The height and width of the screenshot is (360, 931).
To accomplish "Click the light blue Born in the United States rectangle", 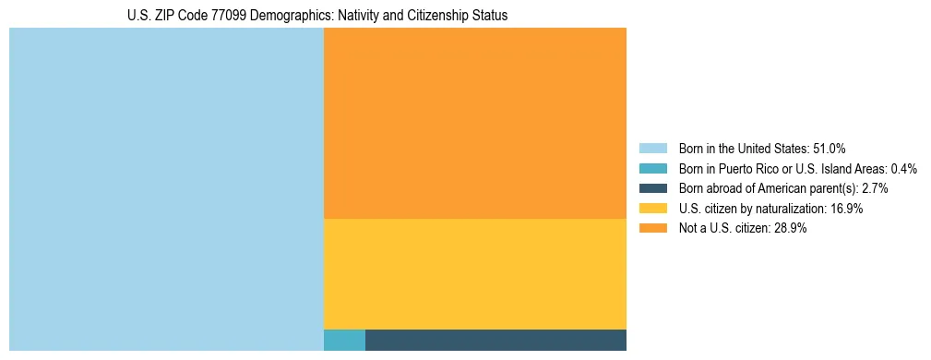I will click(166, 189).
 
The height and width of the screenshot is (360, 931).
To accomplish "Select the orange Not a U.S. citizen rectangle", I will click(475, 123).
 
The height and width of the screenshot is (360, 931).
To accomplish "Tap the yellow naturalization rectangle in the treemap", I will click(475, 273).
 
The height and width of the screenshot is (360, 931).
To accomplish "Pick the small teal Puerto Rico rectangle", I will click(344, 340).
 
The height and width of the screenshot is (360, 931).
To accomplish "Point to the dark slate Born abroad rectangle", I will click(495, 340).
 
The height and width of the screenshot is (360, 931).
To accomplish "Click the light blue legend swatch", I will click(652, 148).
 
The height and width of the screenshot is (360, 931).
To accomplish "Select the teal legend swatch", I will click(652, 168).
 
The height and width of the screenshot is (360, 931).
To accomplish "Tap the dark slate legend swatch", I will click(652, 188).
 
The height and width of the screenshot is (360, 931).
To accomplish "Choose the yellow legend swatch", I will click(652, 209).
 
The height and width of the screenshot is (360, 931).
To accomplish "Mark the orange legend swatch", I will click(652, 229).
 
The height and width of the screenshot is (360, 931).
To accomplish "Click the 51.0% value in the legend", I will click(830, 148).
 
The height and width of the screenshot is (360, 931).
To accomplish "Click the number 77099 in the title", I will click(211, 17).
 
